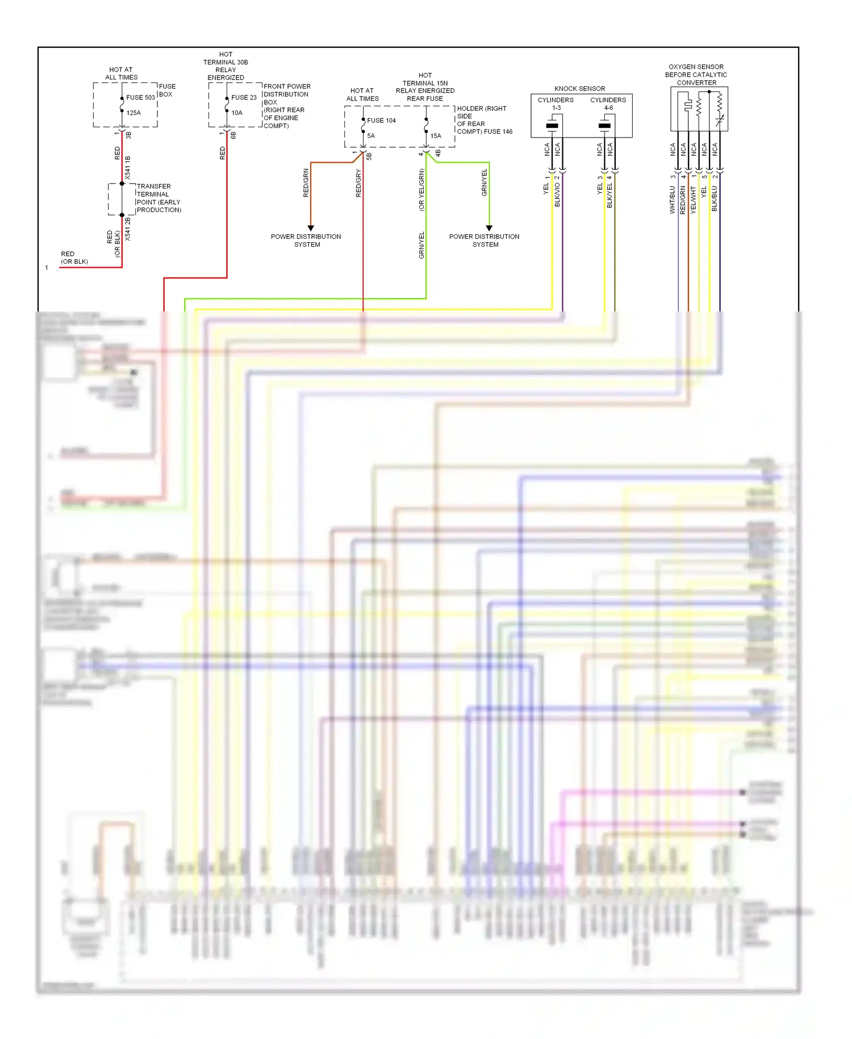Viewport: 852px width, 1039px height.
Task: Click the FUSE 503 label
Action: pos(140,97)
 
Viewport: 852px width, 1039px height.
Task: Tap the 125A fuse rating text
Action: pos(133,113)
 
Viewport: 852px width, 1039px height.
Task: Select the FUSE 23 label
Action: pos(244,97)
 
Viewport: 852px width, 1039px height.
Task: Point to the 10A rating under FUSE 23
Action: pos(237,113)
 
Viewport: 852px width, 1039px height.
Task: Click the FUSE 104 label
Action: pos(381,120)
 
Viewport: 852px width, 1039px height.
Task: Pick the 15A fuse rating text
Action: pos(436,136)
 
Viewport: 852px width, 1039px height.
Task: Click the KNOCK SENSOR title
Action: pos(579,89)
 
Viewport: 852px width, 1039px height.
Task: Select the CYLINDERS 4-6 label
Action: pos(608,103)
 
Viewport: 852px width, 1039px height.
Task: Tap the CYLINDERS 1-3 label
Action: pos(556,103)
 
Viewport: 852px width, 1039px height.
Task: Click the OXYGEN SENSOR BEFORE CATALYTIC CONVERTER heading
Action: pos(696,74)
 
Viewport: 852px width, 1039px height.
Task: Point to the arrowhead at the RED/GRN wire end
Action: pos(311,228)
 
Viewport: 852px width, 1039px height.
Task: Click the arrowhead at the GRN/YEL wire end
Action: pos(489,228)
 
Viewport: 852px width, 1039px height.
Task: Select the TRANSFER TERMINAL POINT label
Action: pos(158,198)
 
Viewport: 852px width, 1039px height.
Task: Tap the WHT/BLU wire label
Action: pos(673,200)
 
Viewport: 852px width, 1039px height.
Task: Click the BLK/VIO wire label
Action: pos(557,194)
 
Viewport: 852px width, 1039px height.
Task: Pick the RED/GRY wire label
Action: pos(358,183)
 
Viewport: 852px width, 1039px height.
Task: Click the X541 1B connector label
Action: pos(128,168)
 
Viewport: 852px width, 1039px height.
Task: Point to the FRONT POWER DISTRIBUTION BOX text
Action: pos(286,106)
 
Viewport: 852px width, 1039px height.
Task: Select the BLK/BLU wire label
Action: pos(715,198)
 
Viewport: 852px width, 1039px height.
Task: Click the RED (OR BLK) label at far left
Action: pos(74,257)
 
